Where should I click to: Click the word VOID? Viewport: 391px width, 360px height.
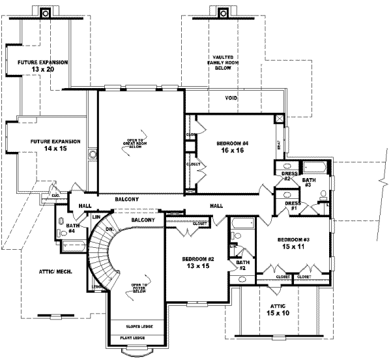[x=231, y=98]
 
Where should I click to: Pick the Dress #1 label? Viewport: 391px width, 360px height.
[x=293, y=206]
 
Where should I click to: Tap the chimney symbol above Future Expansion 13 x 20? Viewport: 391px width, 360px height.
[x=45, y=12]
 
